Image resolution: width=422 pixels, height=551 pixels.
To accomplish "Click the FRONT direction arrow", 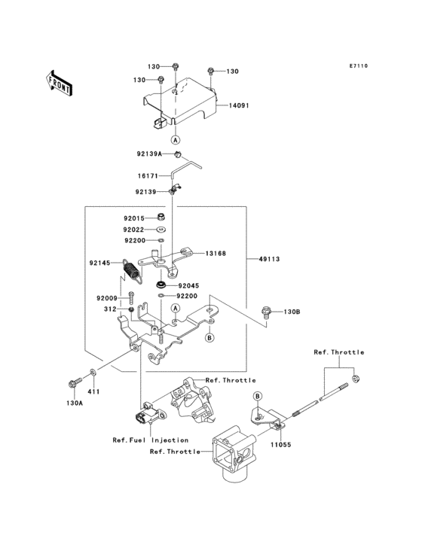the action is coord(59,83).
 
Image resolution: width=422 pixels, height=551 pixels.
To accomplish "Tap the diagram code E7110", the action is coord(359,65).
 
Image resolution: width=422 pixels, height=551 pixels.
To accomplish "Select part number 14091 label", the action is coord(239,105).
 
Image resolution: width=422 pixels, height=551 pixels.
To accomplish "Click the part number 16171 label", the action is coord(148,175).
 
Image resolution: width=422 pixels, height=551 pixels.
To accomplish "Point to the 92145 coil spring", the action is coord(132,271).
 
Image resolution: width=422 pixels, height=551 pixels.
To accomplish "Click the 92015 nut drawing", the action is coord(159,218).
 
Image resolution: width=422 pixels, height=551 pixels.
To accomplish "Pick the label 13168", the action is coord(216,254).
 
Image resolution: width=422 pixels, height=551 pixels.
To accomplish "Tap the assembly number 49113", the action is coord(269,259).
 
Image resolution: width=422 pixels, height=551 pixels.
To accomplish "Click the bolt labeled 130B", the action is coord(265,312).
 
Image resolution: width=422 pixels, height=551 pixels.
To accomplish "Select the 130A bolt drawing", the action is coord(75,382).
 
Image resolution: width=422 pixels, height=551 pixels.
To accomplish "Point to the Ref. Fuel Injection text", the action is coord(151,440).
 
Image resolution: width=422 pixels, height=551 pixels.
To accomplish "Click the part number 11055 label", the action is coord(280,445).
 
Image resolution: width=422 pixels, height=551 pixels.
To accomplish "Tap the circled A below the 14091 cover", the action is coord(175,140).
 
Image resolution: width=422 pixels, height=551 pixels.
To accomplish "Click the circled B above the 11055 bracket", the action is coord(258,397).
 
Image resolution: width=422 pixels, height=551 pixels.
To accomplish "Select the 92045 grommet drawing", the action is coord(162,284).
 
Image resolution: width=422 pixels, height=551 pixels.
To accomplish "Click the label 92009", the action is coord(107,298).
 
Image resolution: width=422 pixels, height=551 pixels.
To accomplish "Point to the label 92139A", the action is coord(149,154).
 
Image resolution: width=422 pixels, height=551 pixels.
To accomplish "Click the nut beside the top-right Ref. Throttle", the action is coord(356,379).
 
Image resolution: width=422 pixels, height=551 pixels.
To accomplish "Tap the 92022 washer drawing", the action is coord(161,230).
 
